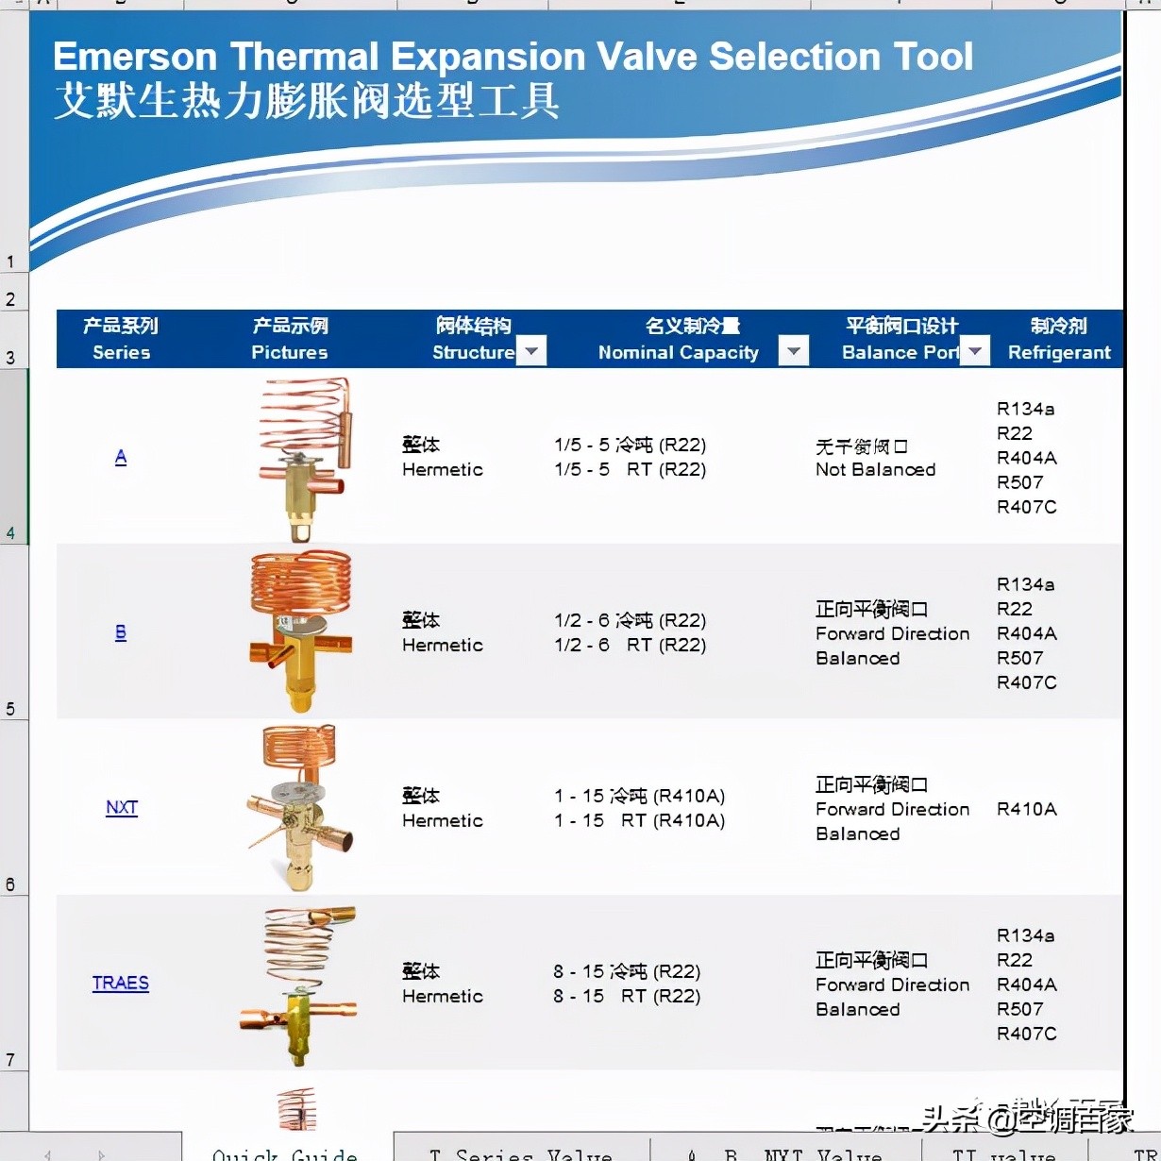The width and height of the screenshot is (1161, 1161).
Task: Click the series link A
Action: point(121,458)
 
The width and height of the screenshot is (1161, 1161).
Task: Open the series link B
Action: point(121,633)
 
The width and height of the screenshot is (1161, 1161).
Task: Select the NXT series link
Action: point(122,808)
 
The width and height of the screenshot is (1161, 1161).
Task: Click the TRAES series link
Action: point(121,984)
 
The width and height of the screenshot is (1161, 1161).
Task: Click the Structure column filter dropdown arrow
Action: point(532,351)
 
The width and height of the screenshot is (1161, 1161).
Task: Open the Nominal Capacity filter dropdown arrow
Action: point(794,351)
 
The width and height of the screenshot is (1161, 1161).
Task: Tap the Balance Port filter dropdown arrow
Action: point(975,351)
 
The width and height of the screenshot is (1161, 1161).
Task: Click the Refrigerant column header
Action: point(1059,340)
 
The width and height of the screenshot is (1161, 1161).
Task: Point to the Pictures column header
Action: point(290,340)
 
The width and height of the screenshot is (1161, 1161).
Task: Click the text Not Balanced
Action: point(875,470)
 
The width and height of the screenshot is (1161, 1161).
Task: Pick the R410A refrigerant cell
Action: point(1026,809)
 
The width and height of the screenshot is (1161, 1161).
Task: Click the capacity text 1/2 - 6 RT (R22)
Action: point(630,646)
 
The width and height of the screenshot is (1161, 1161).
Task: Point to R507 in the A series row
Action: point(1019,482)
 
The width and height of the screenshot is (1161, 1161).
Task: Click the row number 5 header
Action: point(11,710)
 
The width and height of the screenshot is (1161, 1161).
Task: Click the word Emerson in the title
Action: point(135,57)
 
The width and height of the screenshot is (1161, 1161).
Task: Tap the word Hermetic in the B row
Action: point(442,646)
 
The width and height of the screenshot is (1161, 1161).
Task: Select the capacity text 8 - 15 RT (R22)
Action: point(627,997)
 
